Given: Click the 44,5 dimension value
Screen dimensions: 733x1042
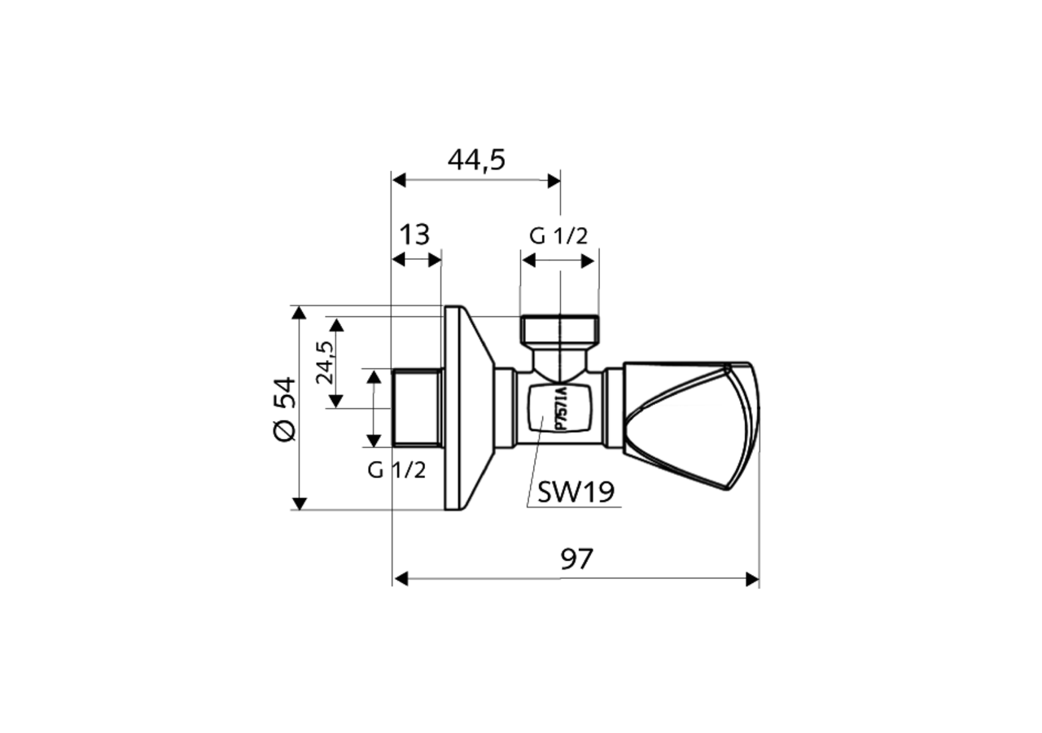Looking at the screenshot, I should tap(476, 160).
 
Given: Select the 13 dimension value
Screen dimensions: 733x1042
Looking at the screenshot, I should tap(414, 235).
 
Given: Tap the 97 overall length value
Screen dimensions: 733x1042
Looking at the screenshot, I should tap(576, 559).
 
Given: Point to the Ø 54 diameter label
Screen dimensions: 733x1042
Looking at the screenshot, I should tap(284, 409).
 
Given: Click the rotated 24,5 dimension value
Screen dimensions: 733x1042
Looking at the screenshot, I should tap(324, 362).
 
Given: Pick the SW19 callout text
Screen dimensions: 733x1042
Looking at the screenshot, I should tap(576, 492).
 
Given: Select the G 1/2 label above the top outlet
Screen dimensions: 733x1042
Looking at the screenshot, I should tap(558, 236).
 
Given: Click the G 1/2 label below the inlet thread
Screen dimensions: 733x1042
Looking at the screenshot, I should tap(396, 470).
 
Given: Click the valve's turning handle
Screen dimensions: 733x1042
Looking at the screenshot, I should tap(692, 424).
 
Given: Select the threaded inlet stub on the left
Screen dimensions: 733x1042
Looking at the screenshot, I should tap(417, 407).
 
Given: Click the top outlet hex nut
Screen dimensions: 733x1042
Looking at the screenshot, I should tap(559, 331).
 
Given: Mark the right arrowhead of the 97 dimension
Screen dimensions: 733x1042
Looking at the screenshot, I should tap(752, 579).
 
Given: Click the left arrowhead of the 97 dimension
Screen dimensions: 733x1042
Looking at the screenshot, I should tap(400, 579).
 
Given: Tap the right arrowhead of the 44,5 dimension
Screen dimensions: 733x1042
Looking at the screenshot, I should tap(554, 180).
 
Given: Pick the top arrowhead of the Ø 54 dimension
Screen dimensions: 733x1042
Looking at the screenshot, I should tap(299, 313).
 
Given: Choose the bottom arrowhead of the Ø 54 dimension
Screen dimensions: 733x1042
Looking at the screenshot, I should tap(299, 503).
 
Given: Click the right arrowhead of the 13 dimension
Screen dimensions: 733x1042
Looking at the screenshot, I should tap(435, 260).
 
